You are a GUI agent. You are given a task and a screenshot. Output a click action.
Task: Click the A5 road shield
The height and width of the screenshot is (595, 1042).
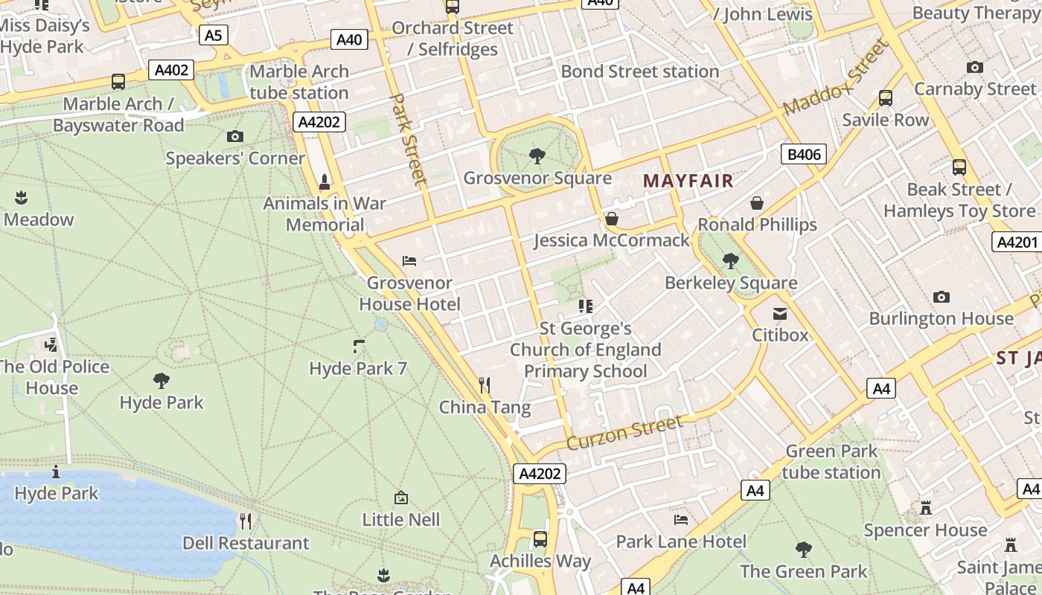tap(213, 34)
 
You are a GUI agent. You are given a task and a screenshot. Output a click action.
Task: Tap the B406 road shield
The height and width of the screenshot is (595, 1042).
tap(804, 155)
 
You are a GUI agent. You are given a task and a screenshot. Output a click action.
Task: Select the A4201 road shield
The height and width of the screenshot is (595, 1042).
tap(1017, 242)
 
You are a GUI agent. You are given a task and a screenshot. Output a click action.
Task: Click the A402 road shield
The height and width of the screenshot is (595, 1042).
tap(171, 70)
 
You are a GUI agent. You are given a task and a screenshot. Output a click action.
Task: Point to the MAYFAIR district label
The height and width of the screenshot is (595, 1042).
tap(688, 181)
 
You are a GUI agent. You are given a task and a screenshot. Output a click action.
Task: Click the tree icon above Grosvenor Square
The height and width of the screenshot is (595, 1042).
tap(537, 156)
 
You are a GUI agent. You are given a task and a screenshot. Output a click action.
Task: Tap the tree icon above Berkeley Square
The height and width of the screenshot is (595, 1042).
tap(731, 261)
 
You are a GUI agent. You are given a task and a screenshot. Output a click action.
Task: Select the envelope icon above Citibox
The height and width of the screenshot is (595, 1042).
tap(779, 314)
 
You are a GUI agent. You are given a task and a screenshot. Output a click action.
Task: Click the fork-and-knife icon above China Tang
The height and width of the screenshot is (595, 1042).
tap(485, 385)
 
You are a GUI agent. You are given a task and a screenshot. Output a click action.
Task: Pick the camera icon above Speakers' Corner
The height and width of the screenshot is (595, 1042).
tap(235, 136)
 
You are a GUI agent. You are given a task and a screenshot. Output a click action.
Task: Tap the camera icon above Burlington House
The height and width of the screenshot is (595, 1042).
tap(942, 297)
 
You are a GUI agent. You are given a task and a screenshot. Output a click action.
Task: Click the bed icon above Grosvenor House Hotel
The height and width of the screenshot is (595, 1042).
tap(409, 260)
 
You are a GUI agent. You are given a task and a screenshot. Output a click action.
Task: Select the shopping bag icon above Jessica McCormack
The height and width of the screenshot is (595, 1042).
tap(611, 219)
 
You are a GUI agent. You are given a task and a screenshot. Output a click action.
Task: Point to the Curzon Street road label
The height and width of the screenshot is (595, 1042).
tap(624, 434)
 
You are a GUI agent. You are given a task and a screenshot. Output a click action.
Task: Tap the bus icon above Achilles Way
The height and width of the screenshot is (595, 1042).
tap(540, 538)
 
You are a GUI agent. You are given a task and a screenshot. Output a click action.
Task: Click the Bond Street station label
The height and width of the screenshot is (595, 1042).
tap(640, 71)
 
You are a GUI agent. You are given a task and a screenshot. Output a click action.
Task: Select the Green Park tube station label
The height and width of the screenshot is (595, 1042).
tap(831, 462)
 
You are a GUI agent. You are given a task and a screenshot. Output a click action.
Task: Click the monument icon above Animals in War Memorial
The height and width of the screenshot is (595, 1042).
tap(325, 181)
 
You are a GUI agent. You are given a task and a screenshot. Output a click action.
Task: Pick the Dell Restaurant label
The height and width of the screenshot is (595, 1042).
tap(246, 543)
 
